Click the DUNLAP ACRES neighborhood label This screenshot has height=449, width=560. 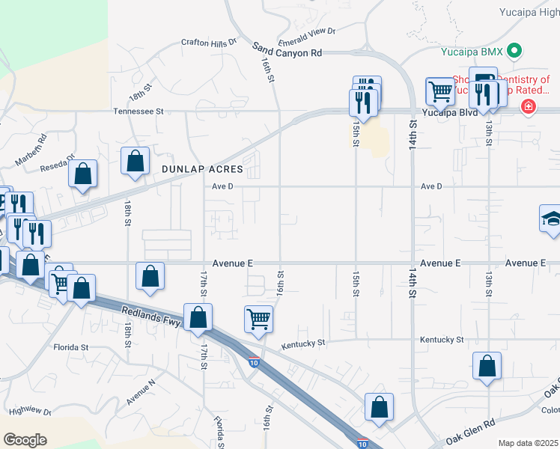tap(202, 170)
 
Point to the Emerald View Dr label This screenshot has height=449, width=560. tap(308, 31)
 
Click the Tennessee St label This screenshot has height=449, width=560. tap(138, 111)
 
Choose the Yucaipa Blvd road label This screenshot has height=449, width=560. tap(448, 112)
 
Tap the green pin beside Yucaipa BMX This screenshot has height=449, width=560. tap(514, 51)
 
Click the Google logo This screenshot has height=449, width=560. tap(25, 440)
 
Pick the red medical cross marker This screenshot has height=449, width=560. tap(529, 106)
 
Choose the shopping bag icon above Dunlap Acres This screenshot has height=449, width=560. tap(135, 161)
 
